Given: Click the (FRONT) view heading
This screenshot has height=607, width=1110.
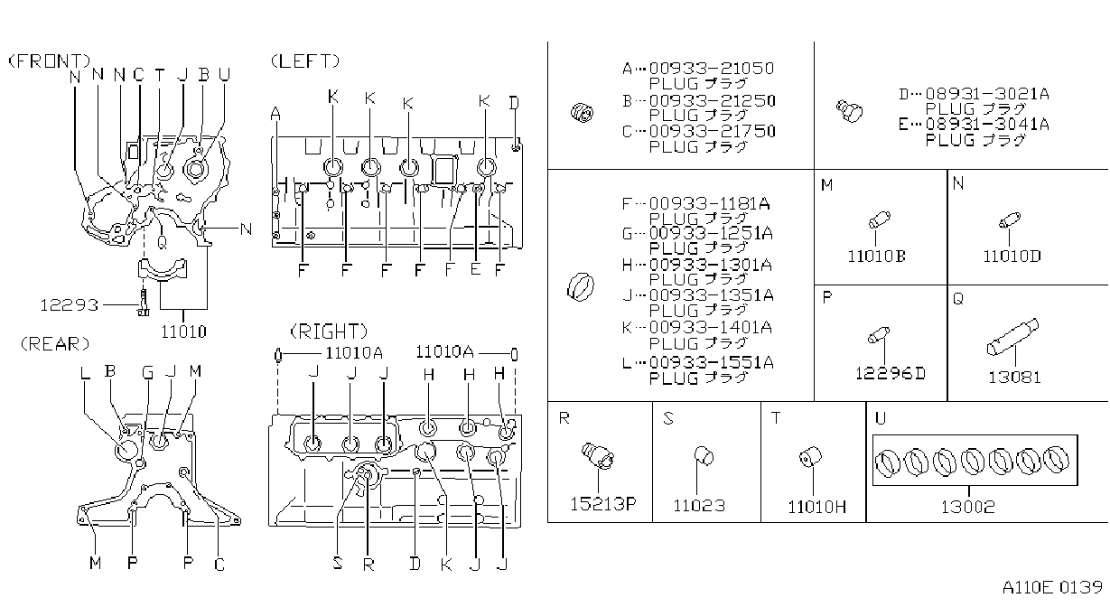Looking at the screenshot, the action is click(50, 61).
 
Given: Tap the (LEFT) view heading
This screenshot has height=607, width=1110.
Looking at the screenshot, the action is click(305, 61).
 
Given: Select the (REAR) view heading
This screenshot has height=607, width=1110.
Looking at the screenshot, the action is click(55, 344).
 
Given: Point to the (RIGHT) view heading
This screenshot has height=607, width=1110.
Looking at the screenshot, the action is click(329, 331).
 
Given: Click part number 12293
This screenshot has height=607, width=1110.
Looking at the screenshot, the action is click(69, 304).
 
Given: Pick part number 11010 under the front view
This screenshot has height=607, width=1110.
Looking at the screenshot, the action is click(183, 332).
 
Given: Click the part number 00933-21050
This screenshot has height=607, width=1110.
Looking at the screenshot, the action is click(712, 68).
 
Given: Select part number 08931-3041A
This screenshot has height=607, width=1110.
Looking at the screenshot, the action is click(987, 124).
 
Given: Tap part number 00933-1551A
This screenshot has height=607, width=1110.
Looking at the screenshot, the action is click(711, 362).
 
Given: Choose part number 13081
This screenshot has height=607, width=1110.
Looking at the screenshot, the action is click(1014, 378).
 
